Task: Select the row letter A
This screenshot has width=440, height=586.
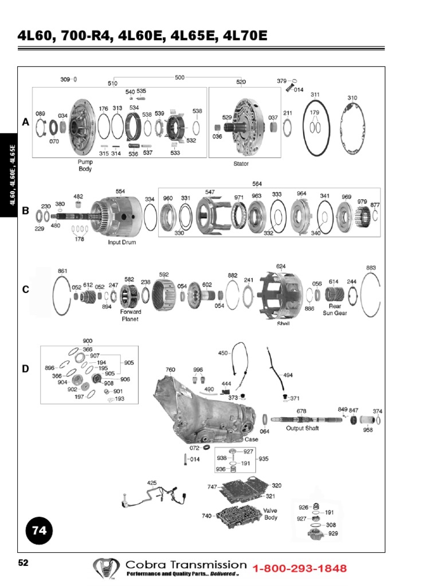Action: (25, 122)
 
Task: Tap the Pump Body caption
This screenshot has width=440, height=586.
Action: (85, 165)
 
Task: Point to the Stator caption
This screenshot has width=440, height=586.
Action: (241, 163)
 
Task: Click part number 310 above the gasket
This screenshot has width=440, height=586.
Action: (352, 98)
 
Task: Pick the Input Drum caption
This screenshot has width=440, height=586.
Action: (121, 242)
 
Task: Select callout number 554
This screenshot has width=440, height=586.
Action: (120, 191)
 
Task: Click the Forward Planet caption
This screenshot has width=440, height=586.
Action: (131, 315)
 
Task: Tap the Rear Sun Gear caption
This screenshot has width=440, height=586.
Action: (335, 310)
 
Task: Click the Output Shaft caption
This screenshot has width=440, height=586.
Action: (302, 428)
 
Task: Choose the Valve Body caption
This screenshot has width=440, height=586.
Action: (270, 513)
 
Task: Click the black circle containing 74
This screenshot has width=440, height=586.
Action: (39, 530)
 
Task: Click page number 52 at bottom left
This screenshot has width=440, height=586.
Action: (23, 563)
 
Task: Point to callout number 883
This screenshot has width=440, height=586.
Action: (371, 267)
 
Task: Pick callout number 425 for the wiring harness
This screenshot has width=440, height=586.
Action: (152, 483)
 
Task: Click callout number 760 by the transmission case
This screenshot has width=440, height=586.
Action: (170, 370)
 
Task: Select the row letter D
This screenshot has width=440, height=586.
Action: (25, 369)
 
